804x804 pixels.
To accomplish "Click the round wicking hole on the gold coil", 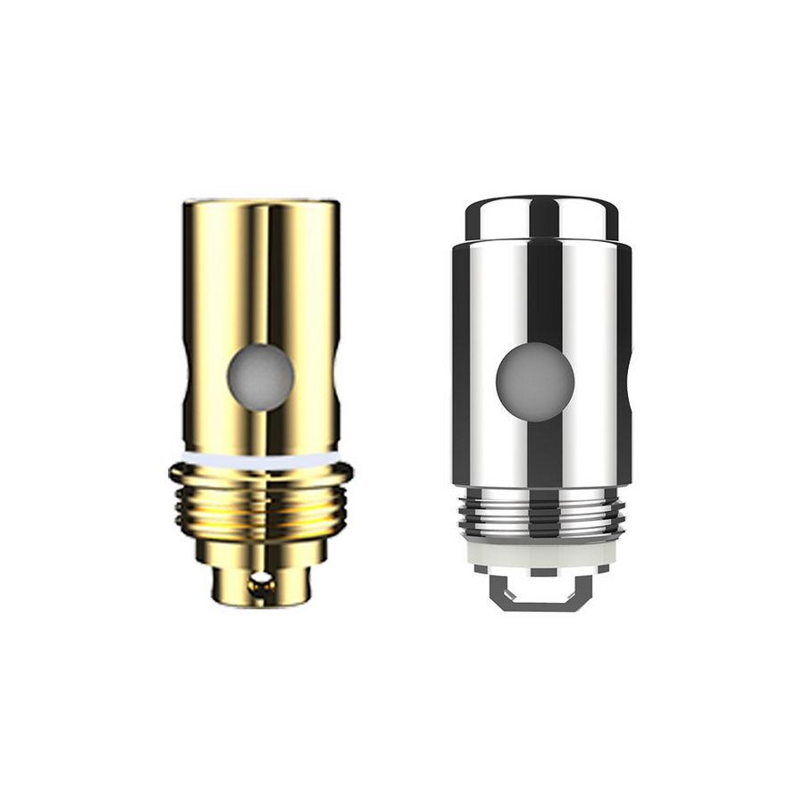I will [x=260, y=377].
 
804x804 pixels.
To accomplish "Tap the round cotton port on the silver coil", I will [x=535, y=382].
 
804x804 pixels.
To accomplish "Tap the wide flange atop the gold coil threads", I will [x=260, y=473].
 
